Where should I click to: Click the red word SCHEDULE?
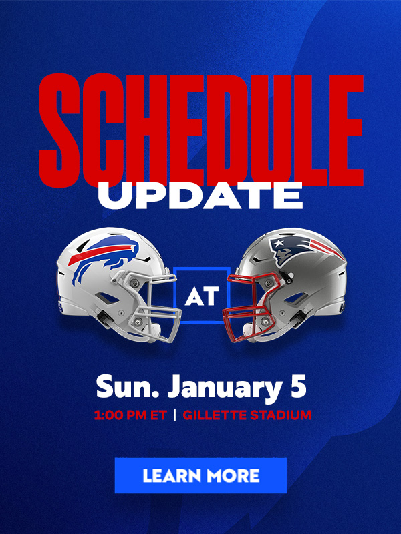(x=201, y=130)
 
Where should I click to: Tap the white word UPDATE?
(x=200, y=195)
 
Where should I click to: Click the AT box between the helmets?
(x=202, y=295)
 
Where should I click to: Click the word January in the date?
(x=224, y=388)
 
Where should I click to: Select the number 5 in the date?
(x=298, y=386)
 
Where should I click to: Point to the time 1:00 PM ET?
(x=130, y=415)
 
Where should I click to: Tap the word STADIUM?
(x=281, y=415)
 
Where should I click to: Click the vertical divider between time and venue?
(x=175, y=415)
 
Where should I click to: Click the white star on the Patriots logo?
(x=279, y=243)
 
